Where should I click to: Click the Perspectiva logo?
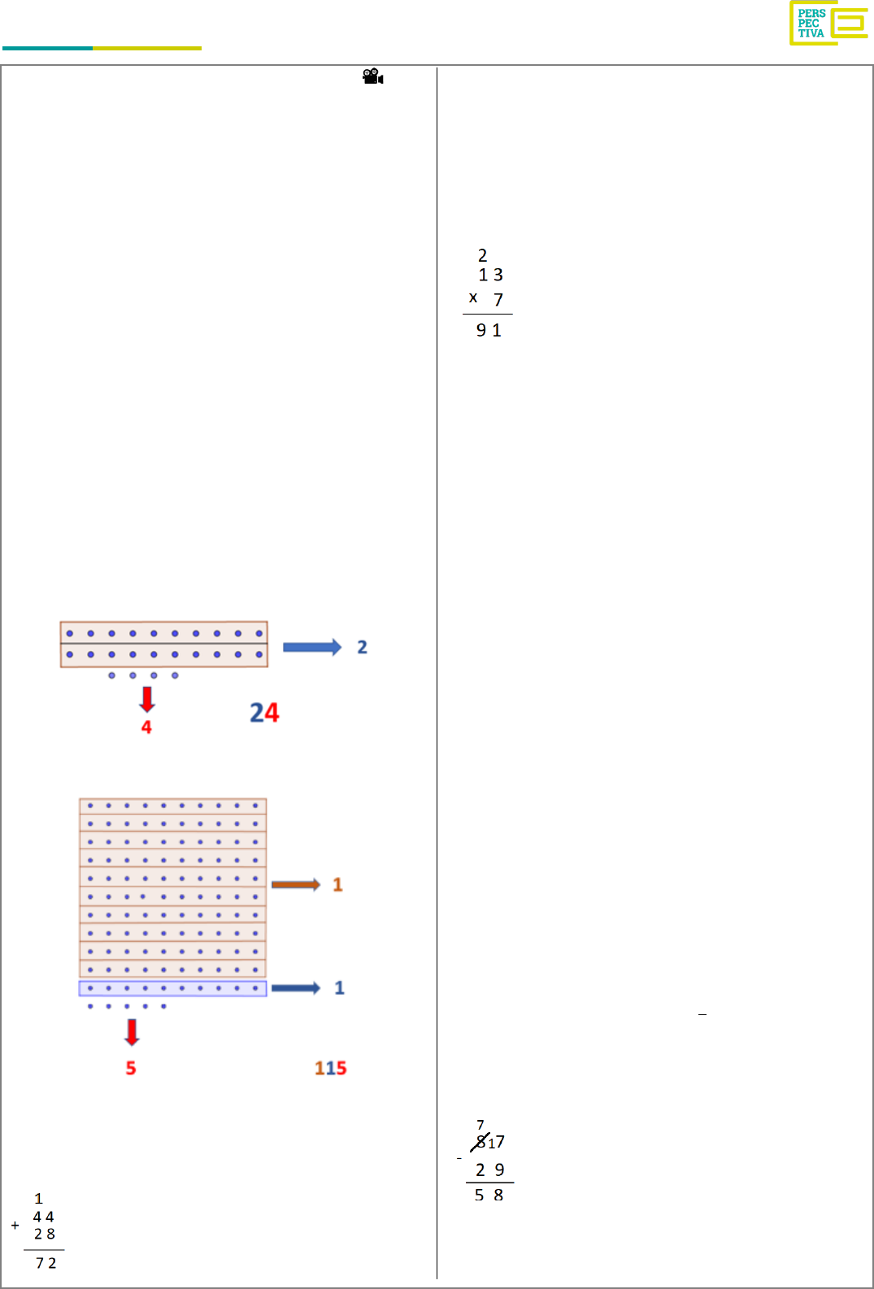pyautogui.click(x=828, y=23)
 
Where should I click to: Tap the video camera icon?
pyautogui.click(x=372, y=76)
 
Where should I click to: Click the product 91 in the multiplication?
pyautogui.click(x=489, y=330)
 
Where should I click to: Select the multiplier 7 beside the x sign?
pyautogui.click(x=498, y=300)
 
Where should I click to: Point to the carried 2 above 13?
pyautogui.click(x=482, y=255)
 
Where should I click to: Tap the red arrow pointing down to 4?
pyautogui.click(x=147, y=699)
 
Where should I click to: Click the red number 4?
pyautogui.click(x=146, y=727)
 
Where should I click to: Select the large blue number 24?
pyautogui.click(x=264, y=713)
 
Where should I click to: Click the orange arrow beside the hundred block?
pyautogui.click(x=296, y=884)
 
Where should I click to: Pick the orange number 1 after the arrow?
pyautogui.click(x=337, y=884)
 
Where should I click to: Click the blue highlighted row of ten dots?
pyautogui.click(x=172, y=988)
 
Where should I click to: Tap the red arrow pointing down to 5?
pyautogui.click(x=132, y=1031)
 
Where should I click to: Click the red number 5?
pyautogui.click(x=131, y=1068)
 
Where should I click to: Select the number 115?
pyautogui.click(x=331, y=1068)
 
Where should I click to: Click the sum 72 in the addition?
pyautogui.click(x=46, y=1263)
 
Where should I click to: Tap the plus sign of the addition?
pyautogui.click(x=15, y=1225)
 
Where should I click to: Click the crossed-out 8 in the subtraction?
pyautogui.click(x=480, y=1142)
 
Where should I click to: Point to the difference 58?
pyautogui.click(x=489, y=1195)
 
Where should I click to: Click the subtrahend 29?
pyautogui.click(x=489, y=1170)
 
